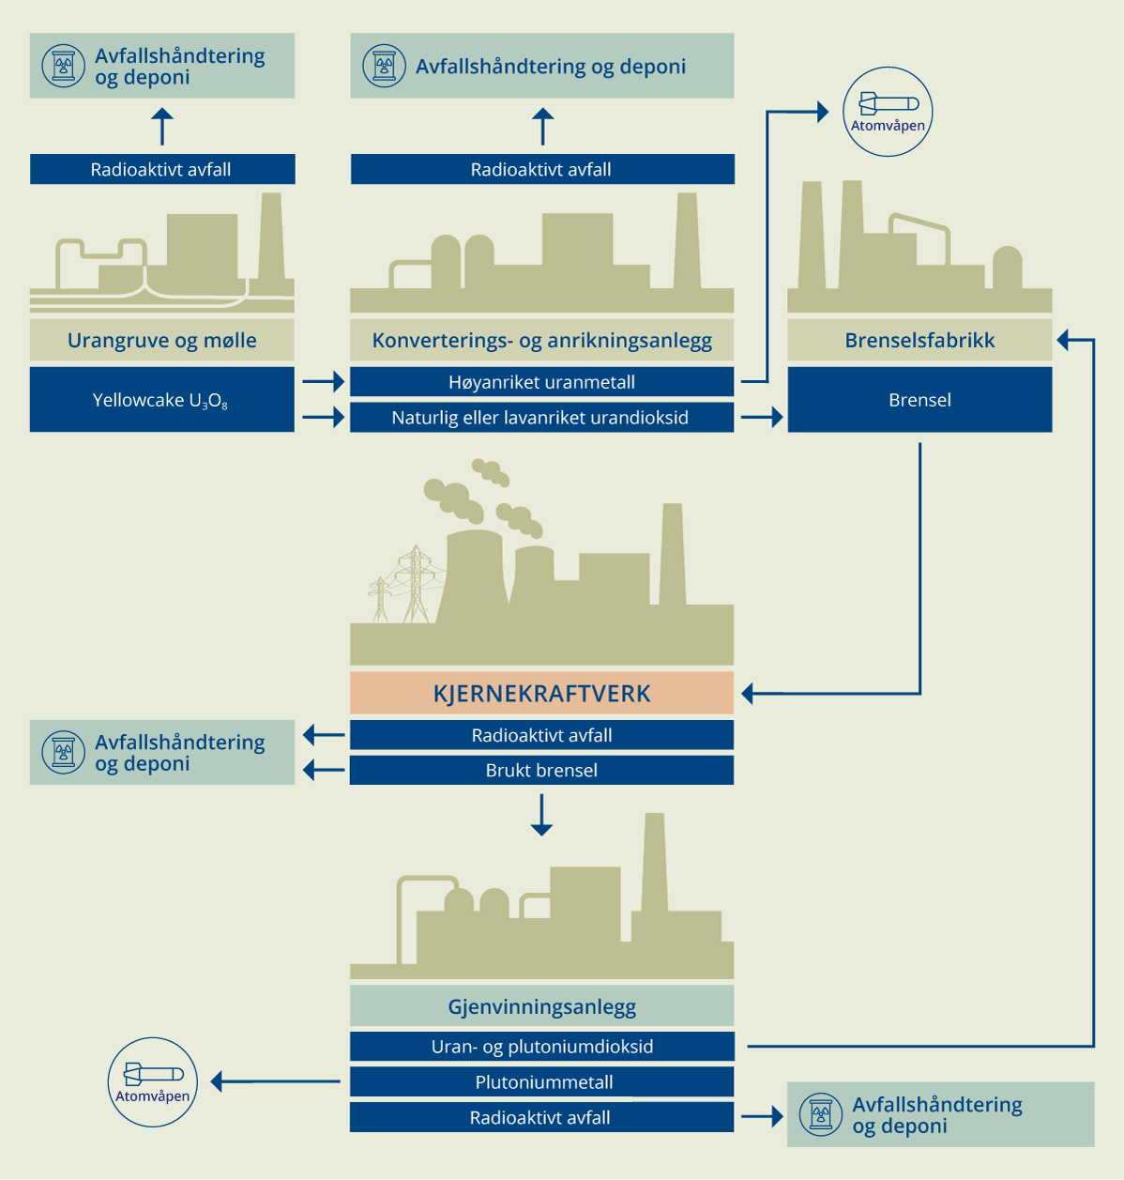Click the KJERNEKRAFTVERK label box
(541, 694)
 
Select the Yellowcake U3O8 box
(161, 400)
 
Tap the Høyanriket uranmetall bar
(541, 382)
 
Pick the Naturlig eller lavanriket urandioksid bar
(541, 418)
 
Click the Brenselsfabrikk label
(919, 341)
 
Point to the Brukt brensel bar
(541, 771)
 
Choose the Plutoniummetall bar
(541, 1082)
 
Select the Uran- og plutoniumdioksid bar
(541, 1047)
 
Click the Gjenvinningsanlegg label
(541, 1007)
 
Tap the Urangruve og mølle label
(161, 341)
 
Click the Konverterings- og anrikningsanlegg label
(541, 341)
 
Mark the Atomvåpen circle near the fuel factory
(888, 112)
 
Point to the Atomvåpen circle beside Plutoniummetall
(153, 1082)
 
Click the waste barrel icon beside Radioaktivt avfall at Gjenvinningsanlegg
(821, 1115)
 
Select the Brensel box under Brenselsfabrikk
(919, 400)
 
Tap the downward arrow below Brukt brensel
(541, 816)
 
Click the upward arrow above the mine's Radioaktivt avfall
(162, 126)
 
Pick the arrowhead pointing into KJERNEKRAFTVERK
(749, 694)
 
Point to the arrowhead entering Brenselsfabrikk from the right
(1064, 340)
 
